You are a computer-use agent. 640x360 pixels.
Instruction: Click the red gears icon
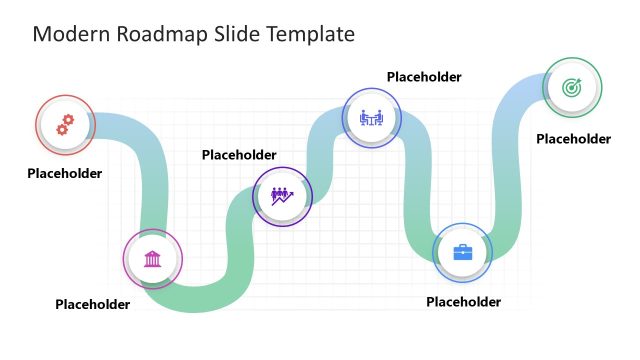click(x=65, y=125)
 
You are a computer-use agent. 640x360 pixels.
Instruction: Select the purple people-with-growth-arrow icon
click(x=279, y=196)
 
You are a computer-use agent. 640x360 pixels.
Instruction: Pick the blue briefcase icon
click(x=462, y=252)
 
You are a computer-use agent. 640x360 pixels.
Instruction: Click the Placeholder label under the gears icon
click(x=65, y=173)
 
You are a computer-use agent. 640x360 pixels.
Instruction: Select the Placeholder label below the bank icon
click(x=93, y=304)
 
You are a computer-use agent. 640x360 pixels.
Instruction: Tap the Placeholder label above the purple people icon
click(x=239, y=155)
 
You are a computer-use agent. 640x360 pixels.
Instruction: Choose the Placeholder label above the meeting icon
click(x=424, y=77)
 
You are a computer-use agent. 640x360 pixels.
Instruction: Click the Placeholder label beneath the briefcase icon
click(x=463, y=301)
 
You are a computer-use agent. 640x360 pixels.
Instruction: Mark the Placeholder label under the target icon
click(x=573, y=139)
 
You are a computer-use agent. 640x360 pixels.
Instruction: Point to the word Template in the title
click(x=312, y=35)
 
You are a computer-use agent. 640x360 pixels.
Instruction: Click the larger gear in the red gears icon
click(x=68, y=121)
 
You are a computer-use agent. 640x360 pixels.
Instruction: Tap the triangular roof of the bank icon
click(x=153, y=254)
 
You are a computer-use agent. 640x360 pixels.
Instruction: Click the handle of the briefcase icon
click(x=462, y=246)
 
